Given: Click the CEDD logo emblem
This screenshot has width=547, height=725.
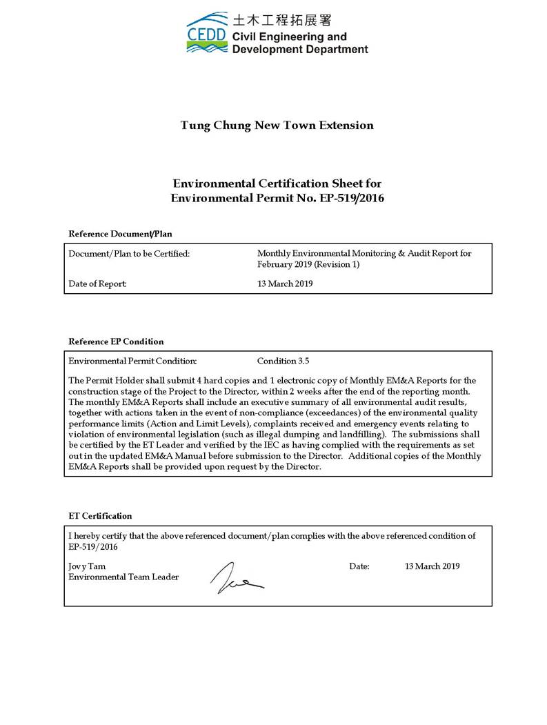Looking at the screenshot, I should (x=208, y=32).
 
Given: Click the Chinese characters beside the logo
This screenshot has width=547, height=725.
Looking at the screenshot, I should (x=281, y=20).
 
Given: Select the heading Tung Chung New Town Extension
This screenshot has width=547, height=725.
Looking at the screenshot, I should (x=277, y=126).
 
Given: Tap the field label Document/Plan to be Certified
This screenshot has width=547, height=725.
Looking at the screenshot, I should (x=129, y=254).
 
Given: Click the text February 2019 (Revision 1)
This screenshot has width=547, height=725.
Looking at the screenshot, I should (x=308, y=264).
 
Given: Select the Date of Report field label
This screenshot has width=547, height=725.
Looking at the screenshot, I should (x=98, y=284).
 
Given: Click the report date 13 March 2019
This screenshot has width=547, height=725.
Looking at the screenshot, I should (x=285, y=284).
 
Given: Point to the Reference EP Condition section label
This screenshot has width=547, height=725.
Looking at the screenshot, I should (x=116, y=341).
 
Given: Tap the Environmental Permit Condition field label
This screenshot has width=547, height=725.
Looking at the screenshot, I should (x=133, y=361).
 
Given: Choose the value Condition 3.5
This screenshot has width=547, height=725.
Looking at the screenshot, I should (x=284, y=361).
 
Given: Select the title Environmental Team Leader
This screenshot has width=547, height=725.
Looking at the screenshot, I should (x=123, y=577).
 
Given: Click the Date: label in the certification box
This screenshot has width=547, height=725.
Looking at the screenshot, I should (x=359, y=566).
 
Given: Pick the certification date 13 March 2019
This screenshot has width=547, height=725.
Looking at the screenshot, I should (x=432, y=566).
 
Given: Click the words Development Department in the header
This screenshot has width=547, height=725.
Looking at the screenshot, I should (x=300, y=49).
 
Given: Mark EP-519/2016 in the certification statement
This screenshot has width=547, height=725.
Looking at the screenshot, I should (x=94, y=546).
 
